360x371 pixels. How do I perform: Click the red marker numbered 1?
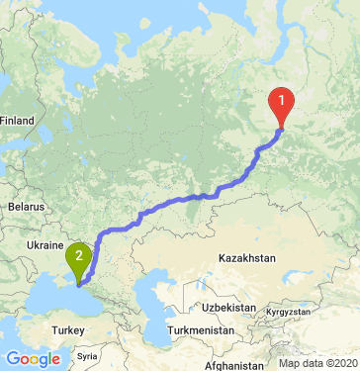point(282,103)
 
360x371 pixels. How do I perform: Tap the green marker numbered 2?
point(78,258)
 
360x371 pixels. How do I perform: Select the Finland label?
point(17,121)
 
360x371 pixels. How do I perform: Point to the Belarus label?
point(27,207)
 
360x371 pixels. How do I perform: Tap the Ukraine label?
point(45,244)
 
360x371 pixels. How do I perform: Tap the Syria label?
point(89,354)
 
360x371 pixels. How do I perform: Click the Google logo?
point(32,359)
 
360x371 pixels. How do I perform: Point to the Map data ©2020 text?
point(317,363)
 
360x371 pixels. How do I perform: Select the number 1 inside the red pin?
point(282,99)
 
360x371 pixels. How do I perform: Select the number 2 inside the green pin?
point(78,254)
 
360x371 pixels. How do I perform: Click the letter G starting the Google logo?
point(12,359)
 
